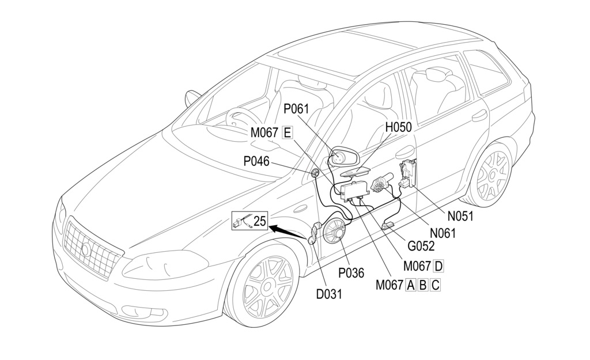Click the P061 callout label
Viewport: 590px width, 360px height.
click(x=296, y=109)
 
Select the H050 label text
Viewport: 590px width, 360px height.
click(x=398, y=127)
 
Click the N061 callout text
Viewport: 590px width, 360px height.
click(x=442, y=233)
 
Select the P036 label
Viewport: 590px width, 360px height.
click(x=351, y=273)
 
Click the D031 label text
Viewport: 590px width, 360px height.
click(x=329, y=294)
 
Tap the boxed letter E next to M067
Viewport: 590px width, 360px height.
click(x=288, y=132)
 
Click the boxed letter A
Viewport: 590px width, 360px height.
click(x=411, y=285)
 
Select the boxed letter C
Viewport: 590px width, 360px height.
click(x=436, y=285)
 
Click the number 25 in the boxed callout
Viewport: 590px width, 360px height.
click(x=260, y=219)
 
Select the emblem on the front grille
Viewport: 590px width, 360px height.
click(x=86, y=249)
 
